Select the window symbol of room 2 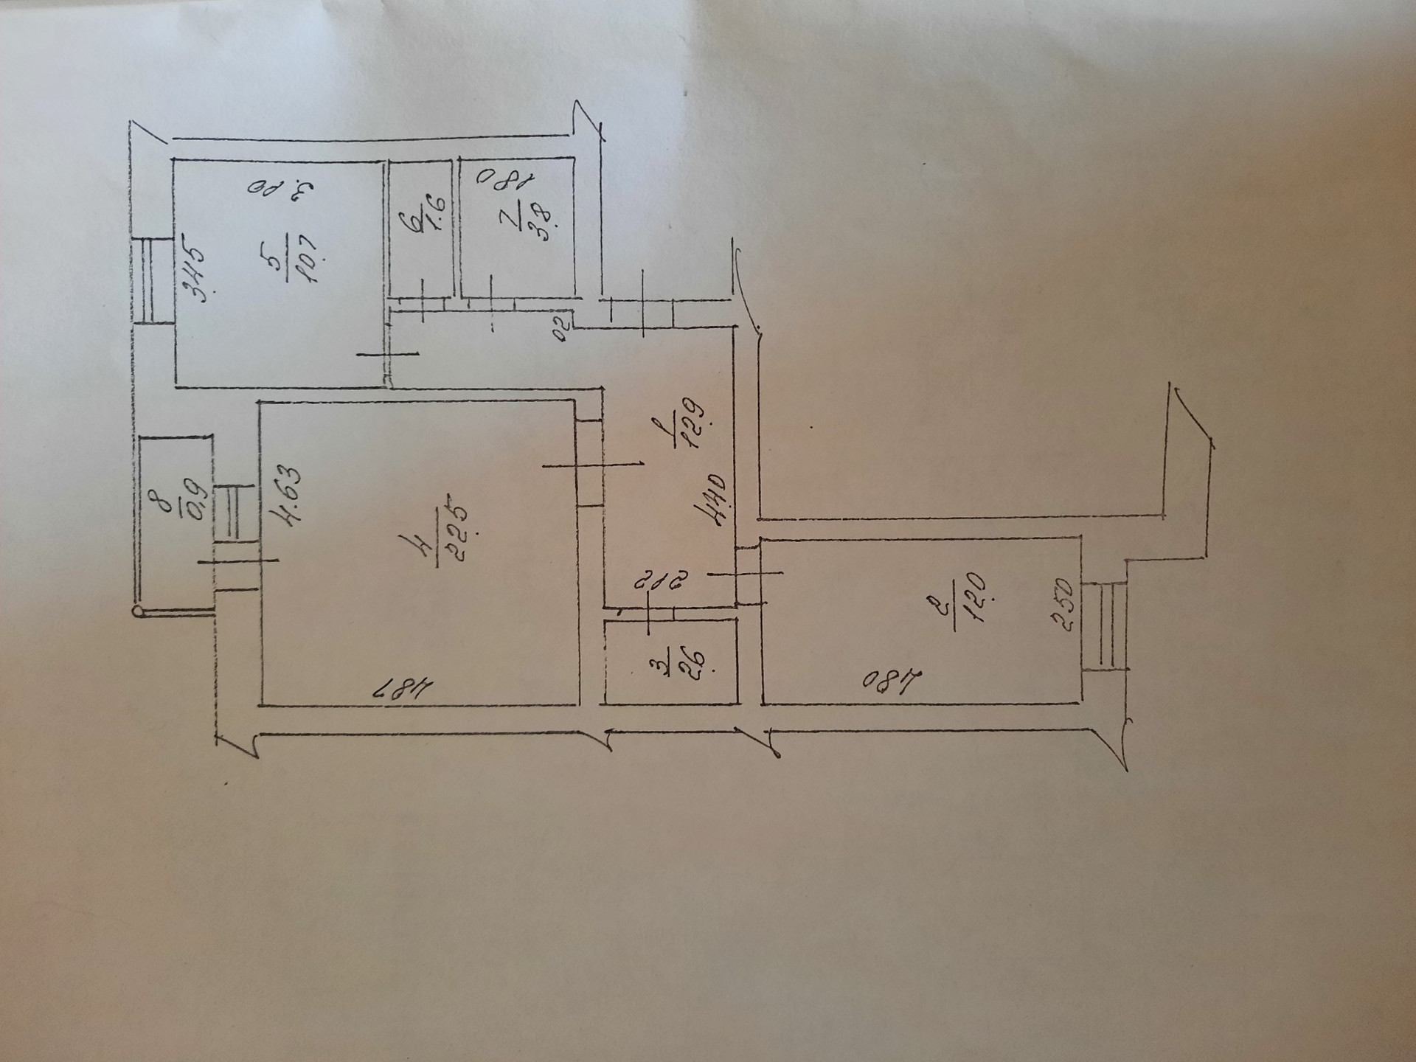1105,625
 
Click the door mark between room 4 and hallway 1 590,464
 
